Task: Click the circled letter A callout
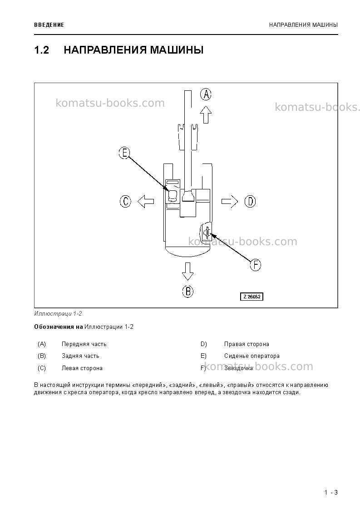click(x=206, y=94)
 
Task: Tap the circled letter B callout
click(x=187, y=291)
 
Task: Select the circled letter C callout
click(x=125, y=201)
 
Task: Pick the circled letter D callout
click(x=250, y=202)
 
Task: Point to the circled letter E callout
click(x=124, y=153)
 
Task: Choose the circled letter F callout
click(x=255, y=265)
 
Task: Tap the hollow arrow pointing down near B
click(x=187, y=271)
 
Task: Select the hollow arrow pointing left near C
click(x=146, y=201)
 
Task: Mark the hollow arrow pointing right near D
click(x=230, y=201)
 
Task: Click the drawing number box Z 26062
click(x=252, y=297)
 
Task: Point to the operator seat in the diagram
click(x=173, y=194)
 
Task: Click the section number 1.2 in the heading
click(x=42, y=50)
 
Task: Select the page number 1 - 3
click(x=331, y=492)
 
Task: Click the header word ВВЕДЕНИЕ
click(x=49, y=25)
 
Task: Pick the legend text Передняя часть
click(x=84, y=344)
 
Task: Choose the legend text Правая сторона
click(x=247, y=344)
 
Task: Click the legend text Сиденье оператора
click(x=252, y=356)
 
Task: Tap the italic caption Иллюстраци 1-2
click(x=58, y=313)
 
